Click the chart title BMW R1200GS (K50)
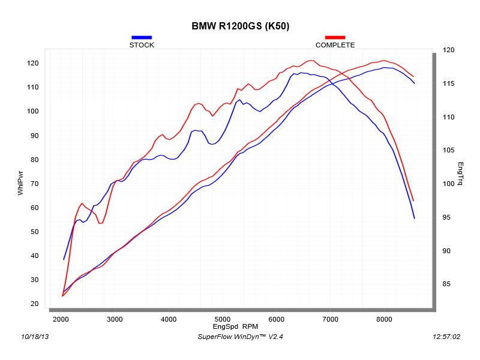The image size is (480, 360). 241,26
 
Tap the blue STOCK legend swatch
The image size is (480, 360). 142,37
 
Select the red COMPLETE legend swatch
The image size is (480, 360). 335,37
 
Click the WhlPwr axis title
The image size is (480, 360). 20,182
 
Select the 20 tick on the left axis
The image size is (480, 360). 34,304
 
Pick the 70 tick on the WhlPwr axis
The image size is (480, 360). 34,184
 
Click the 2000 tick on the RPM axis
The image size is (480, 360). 61,319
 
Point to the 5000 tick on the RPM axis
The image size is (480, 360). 223,319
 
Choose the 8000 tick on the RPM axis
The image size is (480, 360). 385,319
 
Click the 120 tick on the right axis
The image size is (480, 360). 448,50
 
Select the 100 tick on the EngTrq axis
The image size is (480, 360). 448,184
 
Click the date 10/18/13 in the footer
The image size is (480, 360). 34,337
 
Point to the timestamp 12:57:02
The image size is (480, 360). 446,337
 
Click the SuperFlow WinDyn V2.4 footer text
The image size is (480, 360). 240,337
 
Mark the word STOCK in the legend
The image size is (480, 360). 142,45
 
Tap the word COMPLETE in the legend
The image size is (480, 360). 335,45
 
